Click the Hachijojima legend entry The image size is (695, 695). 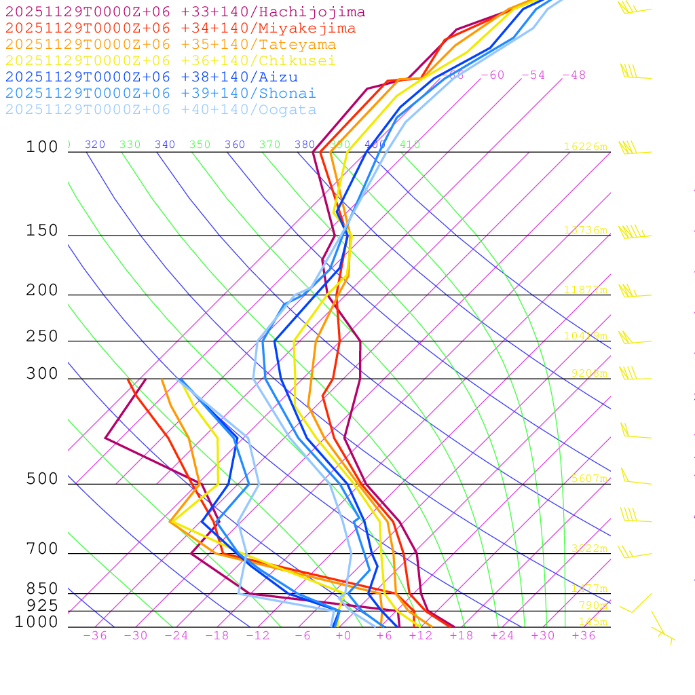pos(185,12)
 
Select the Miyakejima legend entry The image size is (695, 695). pos(181,29)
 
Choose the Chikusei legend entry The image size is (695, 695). pos(170,61)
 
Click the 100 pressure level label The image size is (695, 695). pos(42,147)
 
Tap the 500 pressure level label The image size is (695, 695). pos(42,479)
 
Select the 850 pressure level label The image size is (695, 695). pos(42,588)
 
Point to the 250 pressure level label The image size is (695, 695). pos(42,337)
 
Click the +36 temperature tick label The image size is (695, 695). pos(584,636)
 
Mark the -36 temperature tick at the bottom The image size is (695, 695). pos(95,636)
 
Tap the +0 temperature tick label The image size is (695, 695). pos(343,636)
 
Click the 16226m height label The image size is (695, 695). pos(586,147)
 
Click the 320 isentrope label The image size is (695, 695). pos(95,145)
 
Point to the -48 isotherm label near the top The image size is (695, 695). pos(574,75)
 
